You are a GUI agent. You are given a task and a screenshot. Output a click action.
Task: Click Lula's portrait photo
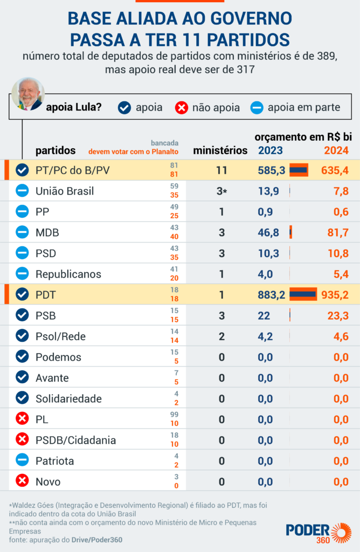[27, 94]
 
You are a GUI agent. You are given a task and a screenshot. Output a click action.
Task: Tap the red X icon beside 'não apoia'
[182, 108]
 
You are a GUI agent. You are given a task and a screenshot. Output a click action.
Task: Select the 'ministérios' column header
[220, 150]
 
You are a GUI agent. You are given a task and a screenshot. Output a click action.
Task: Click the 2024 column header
[336, 150]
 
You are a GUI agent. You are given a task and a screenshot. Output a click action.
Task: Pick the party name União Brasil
[65, 191]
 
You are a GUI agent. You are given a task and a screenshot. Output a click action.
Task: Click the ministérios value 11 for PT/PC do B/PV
[221, 170]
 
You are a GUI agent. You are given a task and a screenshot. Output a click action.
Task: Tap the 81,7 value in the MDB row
[335, 233]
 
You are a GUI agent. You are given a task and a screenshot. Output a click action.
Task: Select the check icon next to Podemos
[22, 357]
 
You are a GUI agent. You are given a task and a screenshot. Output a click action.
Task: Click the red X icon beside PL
[22, 419]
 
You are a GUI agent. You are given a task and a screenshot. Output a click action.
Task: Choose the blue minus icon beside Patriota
[22, 460]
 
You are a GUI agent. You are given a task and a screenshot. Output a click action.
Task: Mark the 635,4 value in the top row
[335, 170]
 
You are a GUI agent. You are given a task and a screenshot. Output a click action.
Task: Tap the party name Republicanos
[68, 274]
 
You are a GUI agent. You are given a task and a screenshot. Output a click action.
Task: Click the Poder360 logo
[318, 532]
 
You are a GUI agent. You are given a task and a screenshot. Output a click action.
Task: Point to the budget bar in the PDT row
[303, 294]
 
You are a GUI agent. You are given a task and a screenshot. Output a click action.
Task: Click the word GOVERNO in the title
[251, 19]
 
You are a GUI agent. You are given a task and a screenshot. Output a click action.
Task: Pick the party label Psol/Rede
[60, 336]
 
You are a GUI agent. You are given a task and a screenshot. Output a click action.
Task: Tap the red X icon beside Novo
[22, 481]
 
